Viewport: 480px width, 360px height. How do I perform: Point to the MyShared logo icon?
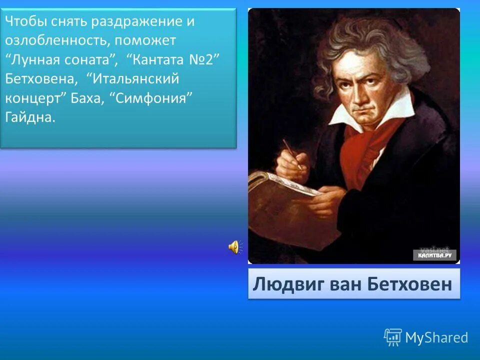point(392,337)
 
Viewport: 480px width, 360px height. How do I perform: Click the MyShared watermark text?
point(436,338)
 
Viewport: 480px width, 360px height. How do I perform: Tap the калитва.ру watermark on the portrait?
point(434,255)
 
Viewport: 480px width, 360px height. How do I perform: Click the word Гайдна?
point(28,117)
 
